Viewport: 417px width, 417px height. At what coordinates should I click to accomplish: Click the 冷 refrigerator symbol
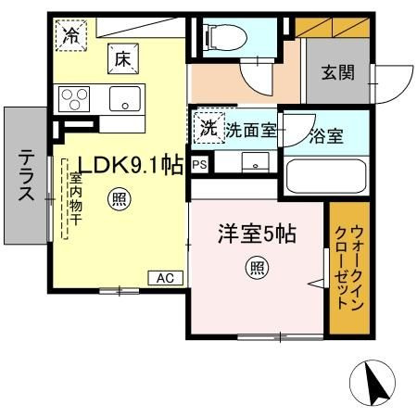(x=70, y=35)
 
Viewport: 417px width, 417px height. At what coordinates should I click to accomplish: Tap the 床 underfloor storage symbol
(x=123, y=58)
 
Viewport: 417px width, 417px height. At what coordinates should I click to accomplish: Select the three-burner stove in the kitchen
(x=74, y=99)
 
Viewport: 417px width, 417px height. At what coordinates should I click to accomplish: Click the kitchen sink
(x=125, y=98)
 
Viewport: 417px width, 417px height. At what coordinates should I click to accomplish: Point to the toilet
(x=226, y=37)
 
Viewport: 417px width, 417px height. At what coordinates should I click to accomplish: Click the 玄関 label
(x=338, y=73)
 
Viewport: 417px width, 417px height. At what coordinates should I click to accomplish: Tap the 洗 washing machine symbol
(x=208, y=128)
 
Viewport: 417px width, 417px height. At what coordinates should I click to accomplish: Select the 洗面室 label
(x=250, y=131)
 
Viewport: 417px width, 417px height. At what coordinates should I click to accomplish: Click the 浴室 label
(x=326, y=135)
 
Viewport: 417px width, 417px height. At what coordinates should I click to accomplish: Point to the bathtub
(x=326, y=176)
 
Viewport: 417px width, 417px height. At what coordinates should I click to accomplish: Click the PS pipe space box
(x=199, y=164)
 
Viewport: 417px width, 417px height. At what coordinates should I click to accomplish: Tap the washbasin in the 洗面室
(x=256, y=162)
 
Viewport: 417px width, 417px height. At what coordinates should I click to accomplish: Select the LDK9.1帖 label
(x=131, y=165)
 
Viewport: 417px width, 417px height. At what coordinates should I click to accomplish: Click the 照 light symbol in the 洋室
(x=257, y=268)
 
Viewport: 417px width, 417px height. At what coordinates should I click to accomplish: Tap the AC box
(x=166, y=278)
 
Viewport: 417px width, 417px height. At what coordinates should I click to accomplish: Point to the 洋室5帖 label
(x=258, y=234)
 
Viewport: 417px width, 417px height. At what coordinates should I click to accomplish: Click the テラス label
(x=26, y=175)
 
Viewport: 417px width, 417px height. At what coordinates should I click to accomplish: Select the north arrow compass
(x=373, y=383)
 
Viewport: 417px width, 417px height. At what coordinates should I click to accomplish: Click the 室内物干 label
(x=75, y=198)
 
